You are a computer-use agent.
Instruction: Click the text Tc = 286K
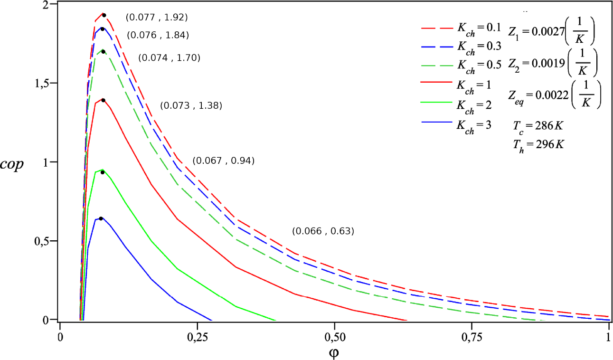coord(538,127)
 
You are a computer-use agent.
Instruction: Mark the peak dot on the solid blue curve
coord(101,218)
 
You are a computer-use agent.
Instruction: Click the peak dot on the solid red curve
coord(103,100)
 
